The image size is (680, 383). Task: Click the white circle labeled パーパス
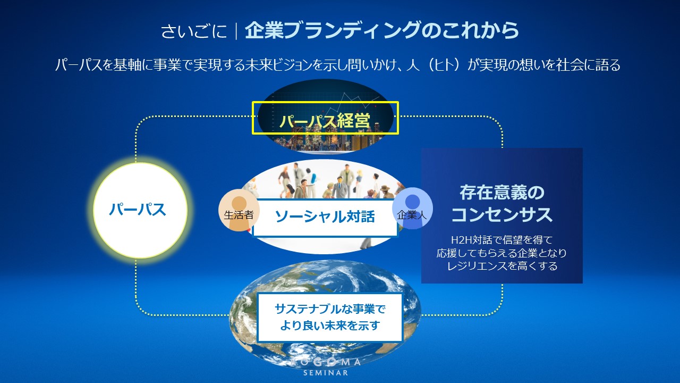(x=140, y=210)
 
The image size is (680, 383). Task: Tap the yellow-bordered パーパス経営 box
(x=325, y=118)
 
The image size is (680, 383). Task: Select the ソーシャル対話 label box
(x=325, y=217)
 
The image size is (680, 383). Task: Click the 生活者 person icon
(x=239, y=210)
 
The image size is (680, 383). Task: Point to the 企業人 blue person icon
(x=412, y=208)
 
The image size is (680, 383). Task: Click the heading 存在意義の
(x=502, y=193)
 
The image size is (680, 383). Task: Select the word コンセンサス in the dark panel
(x=502, y=214)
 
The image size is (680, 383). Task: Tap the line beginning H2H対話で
(x=502, y=240)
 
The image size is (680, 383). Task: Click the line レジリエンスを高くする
(x=502, y=266)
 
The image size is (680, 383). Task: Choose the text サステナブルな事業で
(x=330, y=309)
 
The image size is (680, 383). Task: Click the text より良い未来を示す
(x=330, y=326)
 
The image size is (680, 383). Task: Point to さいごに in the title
(x=194, y=31)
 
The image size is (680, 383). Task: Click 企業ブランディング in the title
(x=333, y=30)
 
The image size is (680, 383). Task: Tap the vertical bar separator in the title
(x=236, y=31)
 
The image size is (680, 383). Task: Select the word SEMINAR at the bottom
(x=326, y=372)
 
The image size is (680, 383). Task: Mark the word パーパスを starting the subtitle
(x=84, y=65)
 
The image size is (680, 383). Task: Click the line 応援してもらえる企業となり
(x=502, y=253)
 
